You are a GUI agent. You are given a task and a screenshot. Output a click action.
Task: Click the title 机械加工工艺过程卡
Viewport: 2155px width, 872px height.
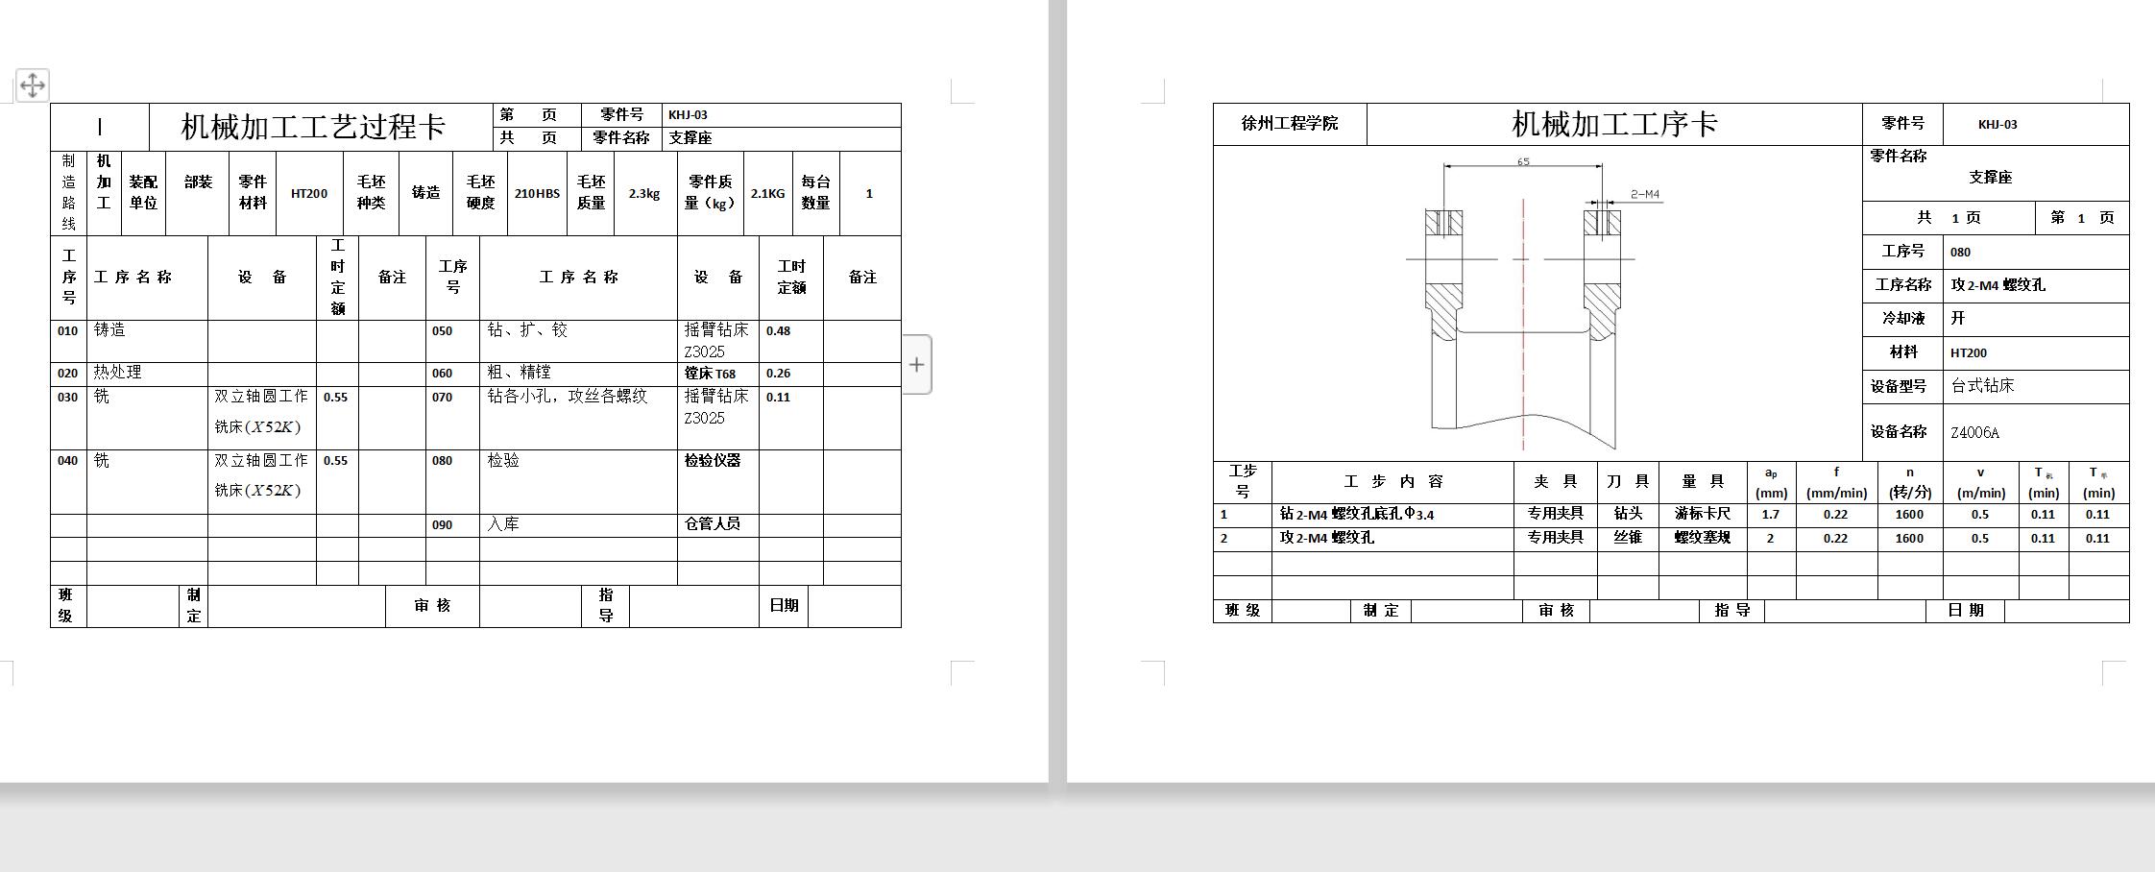(313, 127)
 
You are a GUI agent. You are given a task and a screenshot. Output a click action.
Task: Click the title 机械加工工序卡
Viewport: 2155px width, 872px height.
(1614, 124)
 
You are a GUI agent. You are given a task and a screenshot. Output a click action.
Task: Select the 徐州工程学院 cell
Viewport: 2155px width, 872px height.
(1289, 124)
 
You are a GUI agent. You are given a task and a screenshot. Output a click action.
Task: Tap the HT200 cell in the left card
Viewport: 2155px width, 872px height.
(309, 194)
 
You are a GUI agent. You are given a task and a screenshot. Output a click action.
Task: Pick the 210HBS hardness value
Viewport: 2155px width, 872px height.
(537, 194)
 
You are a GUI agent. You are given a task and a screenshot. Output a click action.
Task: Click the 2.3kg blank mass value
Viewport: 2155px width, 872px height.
(644, 194)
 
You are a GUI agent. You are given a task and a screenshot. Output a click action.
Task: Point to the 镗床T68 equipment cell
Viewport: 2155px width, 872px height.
(711, 374)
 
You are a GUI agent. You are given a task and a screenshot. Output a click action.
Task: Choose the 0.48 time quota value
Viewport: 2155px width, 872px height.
(778, 331)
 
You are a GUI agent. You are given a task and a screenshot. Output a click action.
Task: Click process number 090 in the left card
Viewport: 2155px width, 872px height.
(442, 525)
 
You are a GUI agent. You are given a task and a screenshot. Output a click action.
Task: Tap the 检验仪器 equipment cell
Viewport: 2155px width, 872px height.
(713, 461)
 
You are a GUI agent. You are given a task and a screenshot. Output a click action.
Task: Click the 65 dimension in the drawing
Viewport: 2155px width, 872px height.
(1523, 161)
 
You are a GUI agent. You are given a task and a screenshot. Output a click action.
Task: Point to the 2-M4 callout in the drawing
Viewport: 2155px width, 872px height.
(1645, 194)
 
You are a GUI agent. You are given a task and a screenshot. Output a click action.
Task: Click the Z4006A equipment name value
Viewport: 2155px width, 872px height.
(1974, 432)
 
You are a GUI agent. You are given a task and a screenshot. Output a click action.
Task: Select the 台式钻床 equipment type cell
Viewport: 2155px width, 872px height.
(1982, 386)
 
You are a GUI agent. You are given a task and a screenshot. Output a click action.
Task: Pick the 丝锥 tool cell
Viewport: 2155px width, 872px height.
(1628, 538)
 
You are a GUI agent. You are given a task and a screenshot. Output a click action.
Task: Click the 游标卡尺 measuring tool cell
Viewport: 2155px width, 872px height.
(1703, 514)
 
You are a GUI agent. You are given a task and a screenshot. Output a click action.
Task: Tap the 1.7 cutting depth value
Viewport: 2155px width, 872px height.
(1771, 515)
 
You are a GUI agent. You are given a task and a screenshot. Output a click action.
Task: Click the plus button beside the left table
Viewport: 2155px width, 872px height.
(917, 365)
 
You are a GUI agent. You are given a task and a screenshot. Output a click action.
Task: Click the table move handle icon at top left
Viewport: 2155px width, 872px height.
(33, 85)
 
